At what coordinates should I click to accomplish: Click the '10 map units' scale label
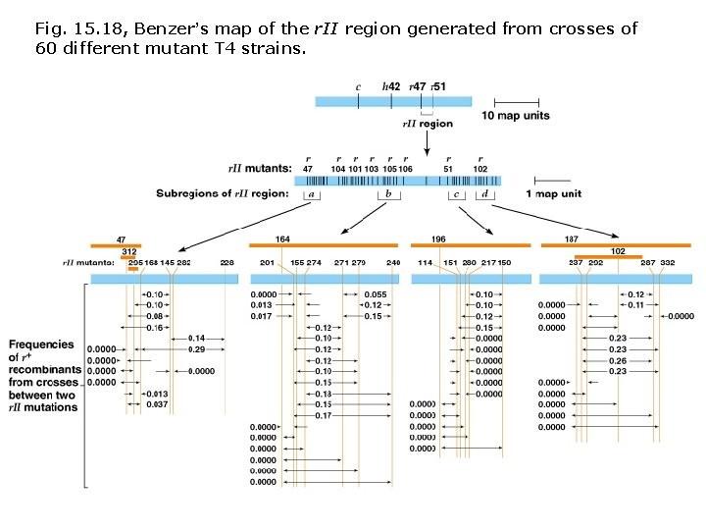(516, 116)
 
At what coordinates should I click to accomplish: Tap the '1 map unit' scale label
(554, 193)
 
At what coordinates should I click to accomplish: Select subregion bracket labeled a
(312, 194)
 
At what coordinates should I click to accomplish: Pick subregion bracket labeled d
(485, 194)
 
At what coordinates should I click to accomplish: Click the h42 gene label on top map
(390, 86)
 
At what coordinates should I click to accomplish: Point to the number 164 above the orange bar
(282, 238)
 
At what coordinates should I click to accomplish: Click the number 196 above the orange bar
(438, 238)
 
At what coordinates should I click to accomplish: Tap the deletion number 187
(571, 238)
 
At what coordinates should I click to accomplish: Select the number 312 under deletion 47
(128, 251)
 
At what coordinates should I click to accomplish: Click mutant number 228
(227, 263)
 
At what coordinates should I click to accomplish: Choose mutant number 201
(267, 263)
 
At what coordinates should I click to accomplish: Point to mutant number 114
(425, 263)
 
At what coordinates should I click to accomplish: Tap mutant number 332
(667, 263)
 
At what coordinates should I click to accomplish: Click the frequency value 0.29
(196, 349)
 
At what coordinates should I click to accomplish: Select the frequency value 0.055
(374, 294)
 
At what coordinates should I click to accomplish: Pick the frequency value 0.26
(618, 360)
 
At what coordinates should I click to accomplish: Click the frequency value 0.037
(156, 404)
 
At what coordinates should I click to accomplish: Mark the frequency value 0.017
(262, 316)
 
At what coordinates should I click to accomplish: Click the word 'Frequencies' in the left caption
(42, 344)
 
